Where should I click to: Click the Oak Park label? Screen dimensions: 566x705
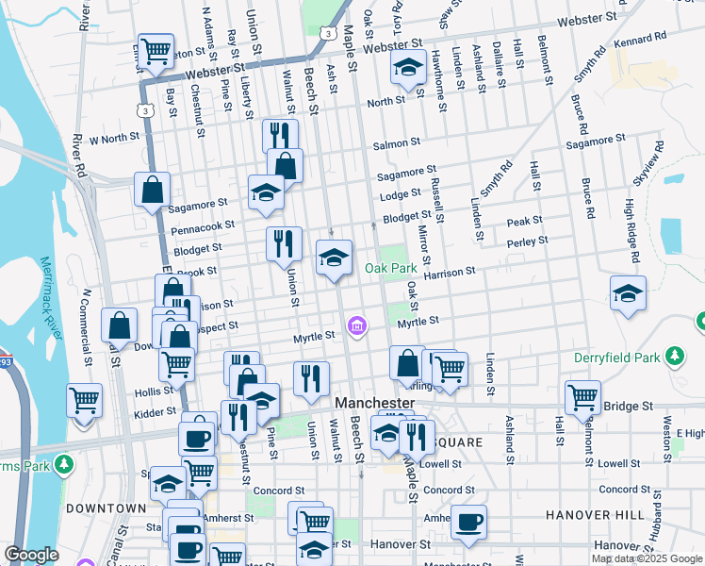pyautogui.click(x=389, y=269)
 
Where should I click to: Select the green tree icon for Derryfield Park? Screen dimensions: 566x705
pyautogui.click(x=673, y=356)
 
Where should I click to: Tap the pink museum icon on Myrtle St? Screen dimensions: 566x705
pyautogui.click(x=356, y=326)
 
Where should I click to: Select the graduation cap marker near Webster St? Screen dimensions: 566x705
pyautogui.click(x=407, y=67)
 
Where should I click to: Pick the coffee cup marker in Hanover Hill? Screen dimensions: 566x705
pyautogui.click(x=468, y=522)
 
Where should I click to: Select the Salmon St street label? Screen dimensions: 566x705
pyautogui.click(x=396, y=143)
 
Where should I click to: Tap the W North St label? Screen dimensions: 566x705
pyautogui.click(x=114, y=138)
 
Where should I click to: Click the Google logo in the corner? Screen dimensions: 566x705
pyautogui.click(x=31, y=555)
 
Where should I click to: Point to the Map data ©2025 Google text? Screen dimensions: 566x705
pyautogui.click(x=647, y=558)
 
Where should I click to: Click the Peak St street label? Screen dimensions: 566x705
pyautogui.click(x=525, y=221)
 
